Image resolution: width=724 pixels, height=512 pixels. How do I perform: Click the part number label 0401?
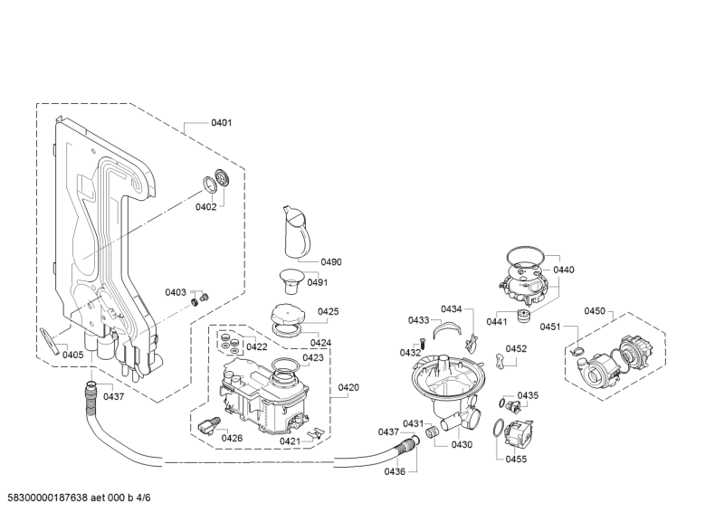tap(221, 122)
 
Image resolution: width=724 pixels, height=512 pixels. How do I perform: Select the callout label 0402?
tap(206, 207)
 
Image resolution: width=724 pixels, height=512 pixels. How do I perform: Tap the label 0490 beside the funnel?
tap(330, 262)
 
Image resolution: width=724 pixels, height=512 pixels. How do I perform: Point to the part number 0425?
tap(328, 311)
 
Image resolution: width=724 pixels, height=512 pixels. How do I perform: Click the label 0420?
tap(348, 388)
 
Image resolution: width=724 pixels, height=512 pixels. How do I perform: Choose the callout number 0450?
tap(594, 311)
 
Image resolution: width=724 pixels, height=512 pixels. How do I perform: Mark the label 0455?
tap(516, 460)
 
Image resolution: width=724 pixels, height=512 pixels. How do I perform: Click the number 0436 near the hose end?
tap(395, 471)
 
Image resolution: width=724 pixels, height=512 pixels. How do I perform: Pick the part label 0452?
tap(516, 348)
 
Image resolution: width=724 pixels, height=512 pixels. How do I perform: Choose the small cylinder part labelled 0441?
tap(522, 315)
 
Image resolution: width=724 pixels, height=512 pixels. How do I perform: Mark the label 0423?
tap(313, 357)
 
